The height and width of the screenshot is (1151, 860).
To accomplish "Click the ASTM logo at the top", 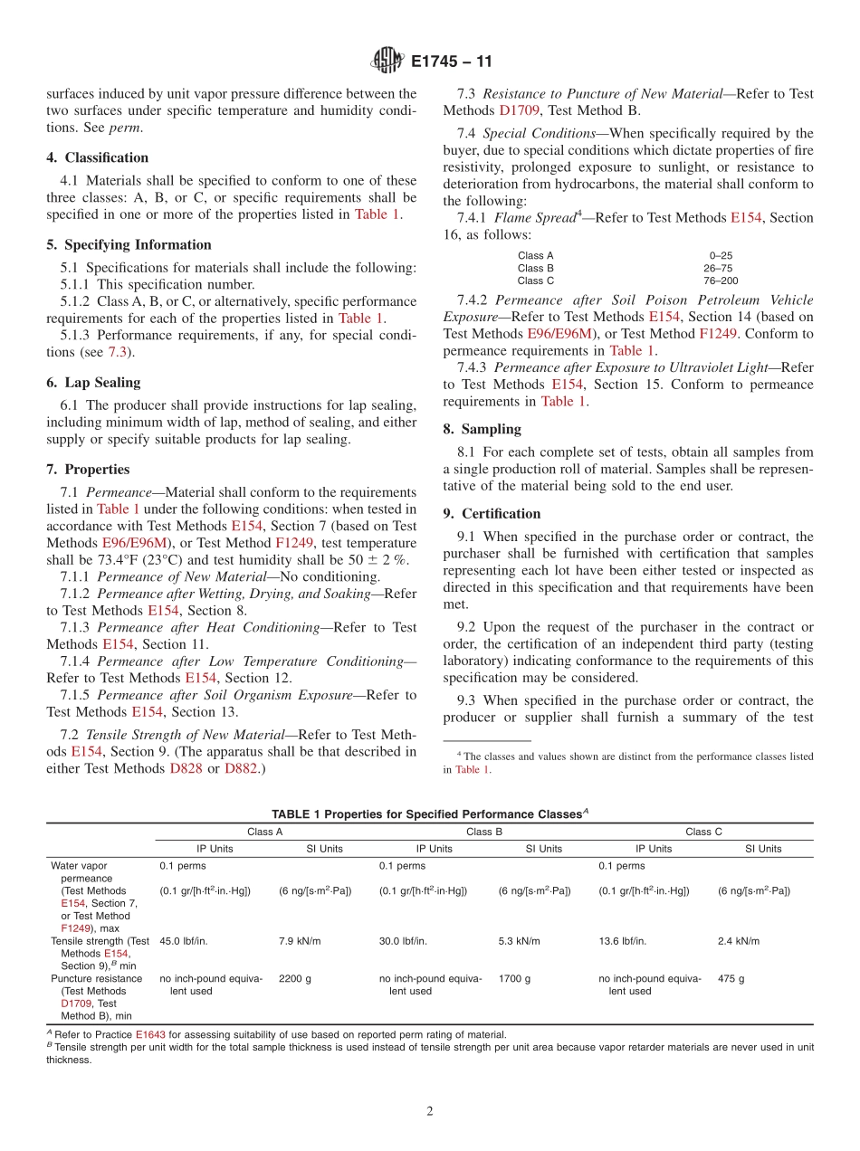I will (387, 62).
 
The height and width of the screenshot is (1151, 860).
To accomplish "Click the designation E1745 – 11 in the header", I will (451, 62).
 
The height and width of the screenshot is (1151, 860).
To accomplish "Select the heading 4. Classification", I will (98, 157).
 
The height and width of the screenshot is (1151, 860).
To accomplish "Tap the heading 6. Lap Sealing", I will (93, 383).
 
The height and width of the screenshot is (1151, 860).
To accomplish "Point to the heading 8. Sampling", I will (482, 429).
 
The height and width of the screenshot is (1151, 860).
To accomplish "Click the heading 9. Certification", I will (492, 514).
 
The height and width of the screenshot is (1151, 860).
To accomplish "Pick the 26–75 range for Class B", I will (718, 268).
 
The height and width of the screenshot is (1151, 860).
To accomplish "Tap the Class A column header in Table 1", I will (265, 832).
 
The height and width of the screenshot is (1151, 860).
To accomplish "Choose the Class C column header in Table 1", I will (703, 832).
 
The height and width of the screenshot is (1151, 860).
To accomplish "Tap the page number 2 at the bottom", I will (430, 1111).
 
